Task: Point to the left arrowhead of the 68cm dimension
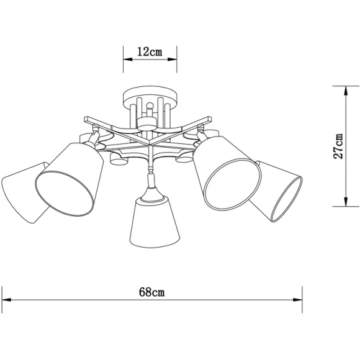point(6,300)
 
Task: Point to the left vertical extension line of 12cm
point(124,59)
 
